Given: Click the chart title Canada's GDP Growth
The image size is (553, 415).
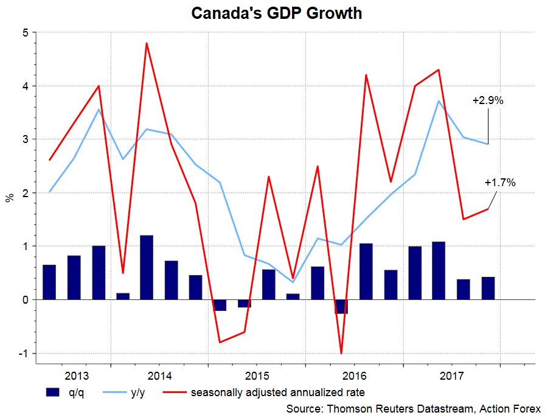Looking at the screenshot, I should (277, 13).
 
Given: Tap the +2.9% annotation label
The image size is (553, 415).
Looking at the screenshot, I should (488, 101).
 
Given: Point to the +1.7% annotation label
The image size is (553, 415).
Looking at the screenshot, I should (500, 182).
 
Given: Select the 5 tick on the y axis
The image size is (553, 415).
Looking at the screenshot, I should (26, 33).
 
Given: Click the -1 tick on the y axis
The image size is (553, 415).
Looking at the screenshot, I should (24, 354).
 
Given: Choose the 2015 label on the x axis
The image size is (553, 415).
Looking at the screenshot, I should (257, 375).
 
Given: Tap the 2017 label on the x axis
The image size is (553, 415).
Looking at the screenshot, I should (451, 375).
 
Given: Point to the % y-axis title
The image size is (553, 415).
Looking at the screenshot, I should (10, 197).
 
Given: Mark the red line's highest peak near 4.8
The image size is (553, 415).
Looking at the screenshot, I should (147, 43).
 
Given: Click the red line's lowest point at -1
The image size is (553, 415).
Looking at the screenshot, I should (341, 353).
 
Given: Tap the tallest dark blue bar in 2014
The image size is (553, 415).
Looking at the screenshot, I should (147, 267).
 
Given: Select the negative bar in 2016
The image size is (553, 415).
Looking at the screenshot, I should (341, 306).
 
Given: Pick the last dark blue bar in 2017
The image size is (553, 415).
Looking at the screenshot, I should (488, 288).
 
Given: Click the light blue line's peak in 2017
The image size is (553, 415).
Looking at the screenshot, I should (439, 101).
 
